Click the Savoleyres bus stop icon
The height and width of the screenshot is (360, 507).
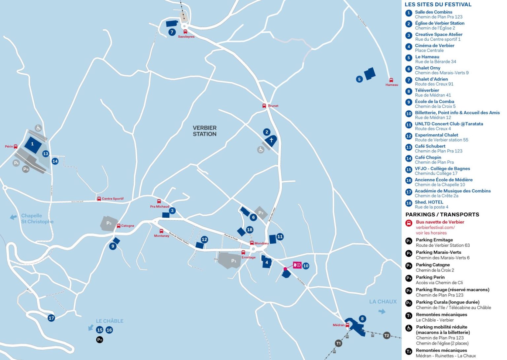185,32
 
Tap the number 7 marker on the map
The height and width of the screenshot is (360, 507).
172,32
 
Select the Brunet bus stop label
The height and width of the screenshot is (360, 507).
273,106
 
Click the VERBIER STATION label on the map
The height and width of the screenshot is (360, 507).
205,131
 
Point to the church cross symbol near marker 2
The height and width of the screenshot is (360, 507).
271,140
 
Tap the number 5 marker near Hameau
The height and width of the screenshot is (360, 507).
359,79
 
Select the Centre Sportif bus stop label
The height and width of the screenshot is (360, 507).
113,199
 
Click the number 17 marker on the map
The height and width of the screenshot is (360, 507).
51,318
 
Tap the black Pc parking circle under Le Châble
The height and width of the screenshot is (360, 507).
100,340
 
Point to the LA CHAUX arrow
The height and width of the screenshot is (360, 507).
382,311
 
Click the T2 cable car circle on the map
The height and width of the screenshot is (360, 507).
387,336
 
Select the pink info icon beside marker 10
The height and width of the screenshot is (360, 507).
297,265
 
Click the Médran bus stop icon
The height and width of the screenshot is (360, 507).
347,325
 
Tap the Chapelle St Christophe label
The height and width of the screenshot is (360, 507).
37,219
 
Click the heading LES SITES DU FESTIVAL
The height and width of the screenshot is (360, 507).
438,5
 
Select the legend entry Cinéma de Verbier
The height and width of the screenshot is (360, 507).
434,46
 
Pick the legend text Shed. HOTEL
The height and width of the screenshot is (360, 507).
429,202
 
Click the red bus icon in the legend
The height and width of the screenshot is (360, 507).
409,223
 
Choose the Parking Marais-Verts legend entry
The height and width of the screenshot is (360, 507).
438,252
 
